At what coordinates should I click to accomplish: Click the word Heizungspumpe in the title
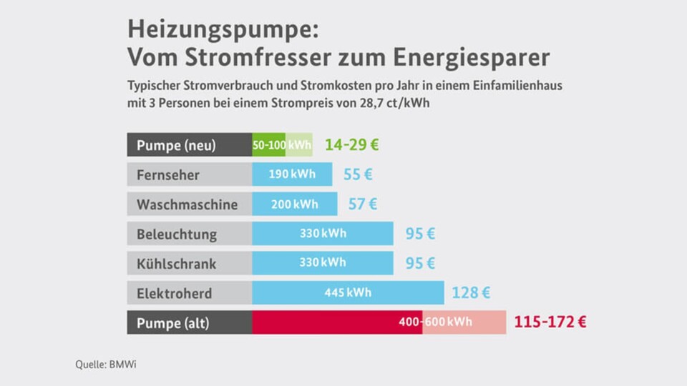point(220,31)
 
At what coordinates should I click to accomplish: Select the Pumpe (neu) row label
point(176,145)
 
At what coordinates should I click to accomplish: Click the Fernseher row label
point(168,175)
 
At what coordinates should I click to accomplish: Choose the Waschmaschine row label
point(187,204)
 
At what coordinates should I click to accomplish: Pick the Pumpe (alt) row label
point(173,322)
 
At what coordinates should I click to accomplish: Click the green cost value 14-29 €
point(351,145)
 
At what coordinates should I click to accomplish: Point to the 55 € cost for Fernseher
point(358,174)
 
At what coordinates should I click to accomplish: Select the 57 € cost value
point(362,204)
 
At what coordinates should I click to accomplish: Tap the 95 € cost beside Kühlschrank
point(420,263)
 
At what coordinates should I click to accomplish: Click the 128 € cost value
point(471,293)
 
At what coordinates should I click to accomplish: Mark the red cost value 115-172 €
point(550,322)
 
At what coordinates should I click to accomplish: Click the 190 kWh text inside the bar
point(292,174)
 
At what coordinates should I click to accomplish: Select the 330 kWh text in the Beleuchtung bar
point(322,234)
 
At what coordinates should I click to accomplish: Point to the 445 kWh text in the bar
point(348,293)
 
